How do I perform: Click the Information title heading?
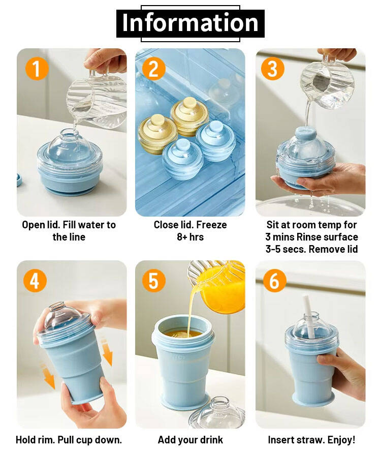[x=190, y=23]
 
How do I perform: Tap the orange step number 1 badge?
[x=37, y=69]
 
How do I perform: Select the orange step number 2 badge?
[x=154, y=69]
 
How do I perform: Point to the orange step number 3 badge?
[x=273, y=69]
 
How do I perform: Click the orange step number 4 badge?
[x=35, y=281]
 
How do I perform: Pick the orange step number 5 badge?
[x=154, y=281]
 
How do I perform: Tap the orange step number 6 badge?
[x=274, y=281]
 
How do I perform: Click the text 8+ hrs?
[x=190, y=237]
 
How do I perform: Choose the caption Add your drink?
[x=190, y=440]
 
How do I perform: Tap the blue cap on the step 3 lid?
[x=306, y=133]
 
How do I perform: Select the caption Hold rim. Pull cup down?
[x=69, y=440]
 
